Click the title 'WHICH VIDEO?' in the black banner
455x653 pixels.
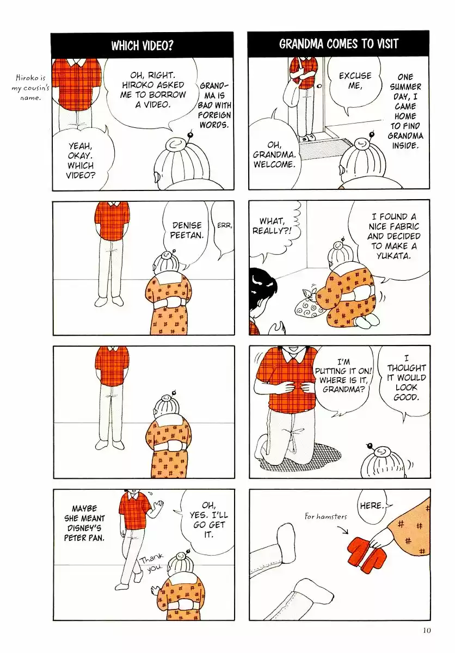pyautogui.click(x=142, y=46)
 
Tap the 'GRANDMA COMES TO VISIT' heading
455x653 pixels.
pyautogui.click(x=339, y=44)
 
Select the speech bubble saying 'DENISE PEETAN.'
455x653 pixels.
pyautogui.click(x=187, y=233)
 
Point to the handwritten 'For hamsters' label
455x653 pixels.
pyautogui.click(x=325, y=517)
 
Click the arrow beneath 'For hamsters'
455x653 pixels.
pyautogui.click(x=343, y=529)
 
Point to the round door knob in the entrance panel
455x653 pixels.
pyautogui.click(x=319, y=86)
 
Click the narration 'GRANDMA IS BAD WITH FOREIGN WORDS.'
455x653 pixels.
pyautogui.click(x=214, y=105)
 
